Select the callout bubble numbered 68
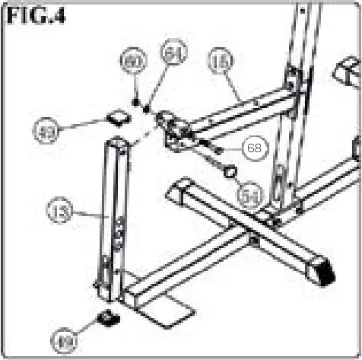(x=253, y=147)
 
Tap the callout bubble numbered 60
(x=134, y=60)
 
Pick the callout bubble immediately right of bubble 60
(x=173, y=54)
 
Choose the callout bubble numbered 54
(x=249, y=195)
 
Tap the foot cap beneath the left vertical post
(x=109, y=315)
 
